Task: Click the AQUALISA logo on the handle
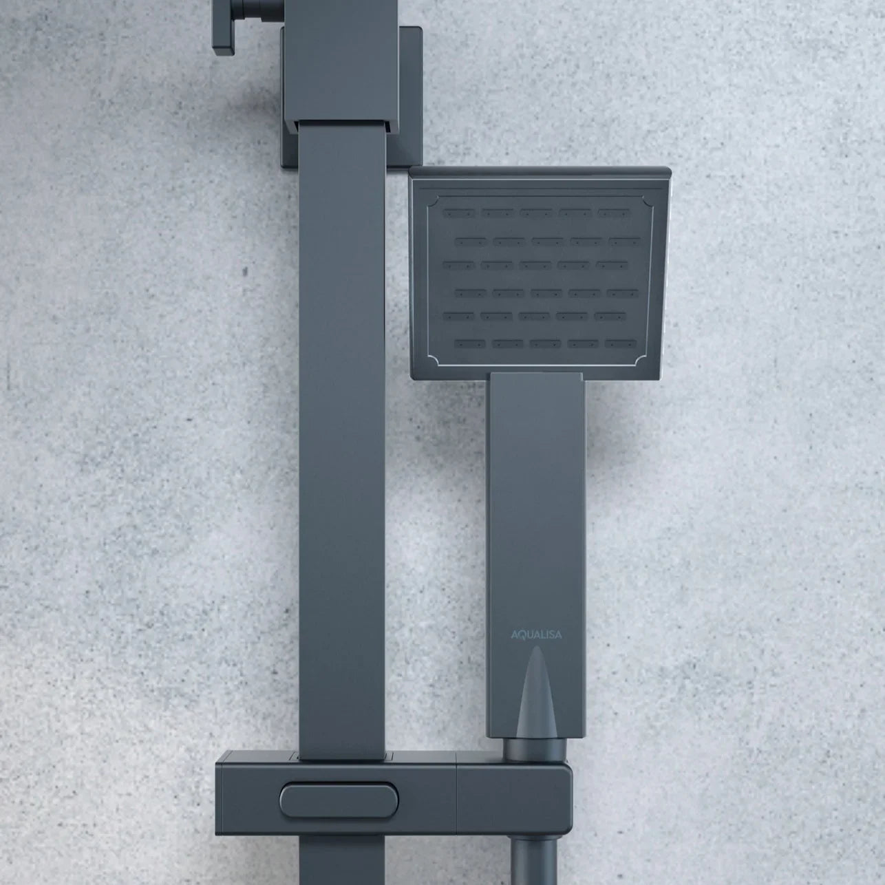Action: (536, 635)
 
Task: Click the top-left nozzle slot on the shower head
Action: (459, 213)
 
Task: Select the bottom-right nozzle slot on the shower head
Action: (621, 343)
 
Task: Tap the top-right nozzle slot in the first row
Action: (614, 213)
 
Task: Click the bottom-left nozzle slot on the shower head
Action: (470, 343)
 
